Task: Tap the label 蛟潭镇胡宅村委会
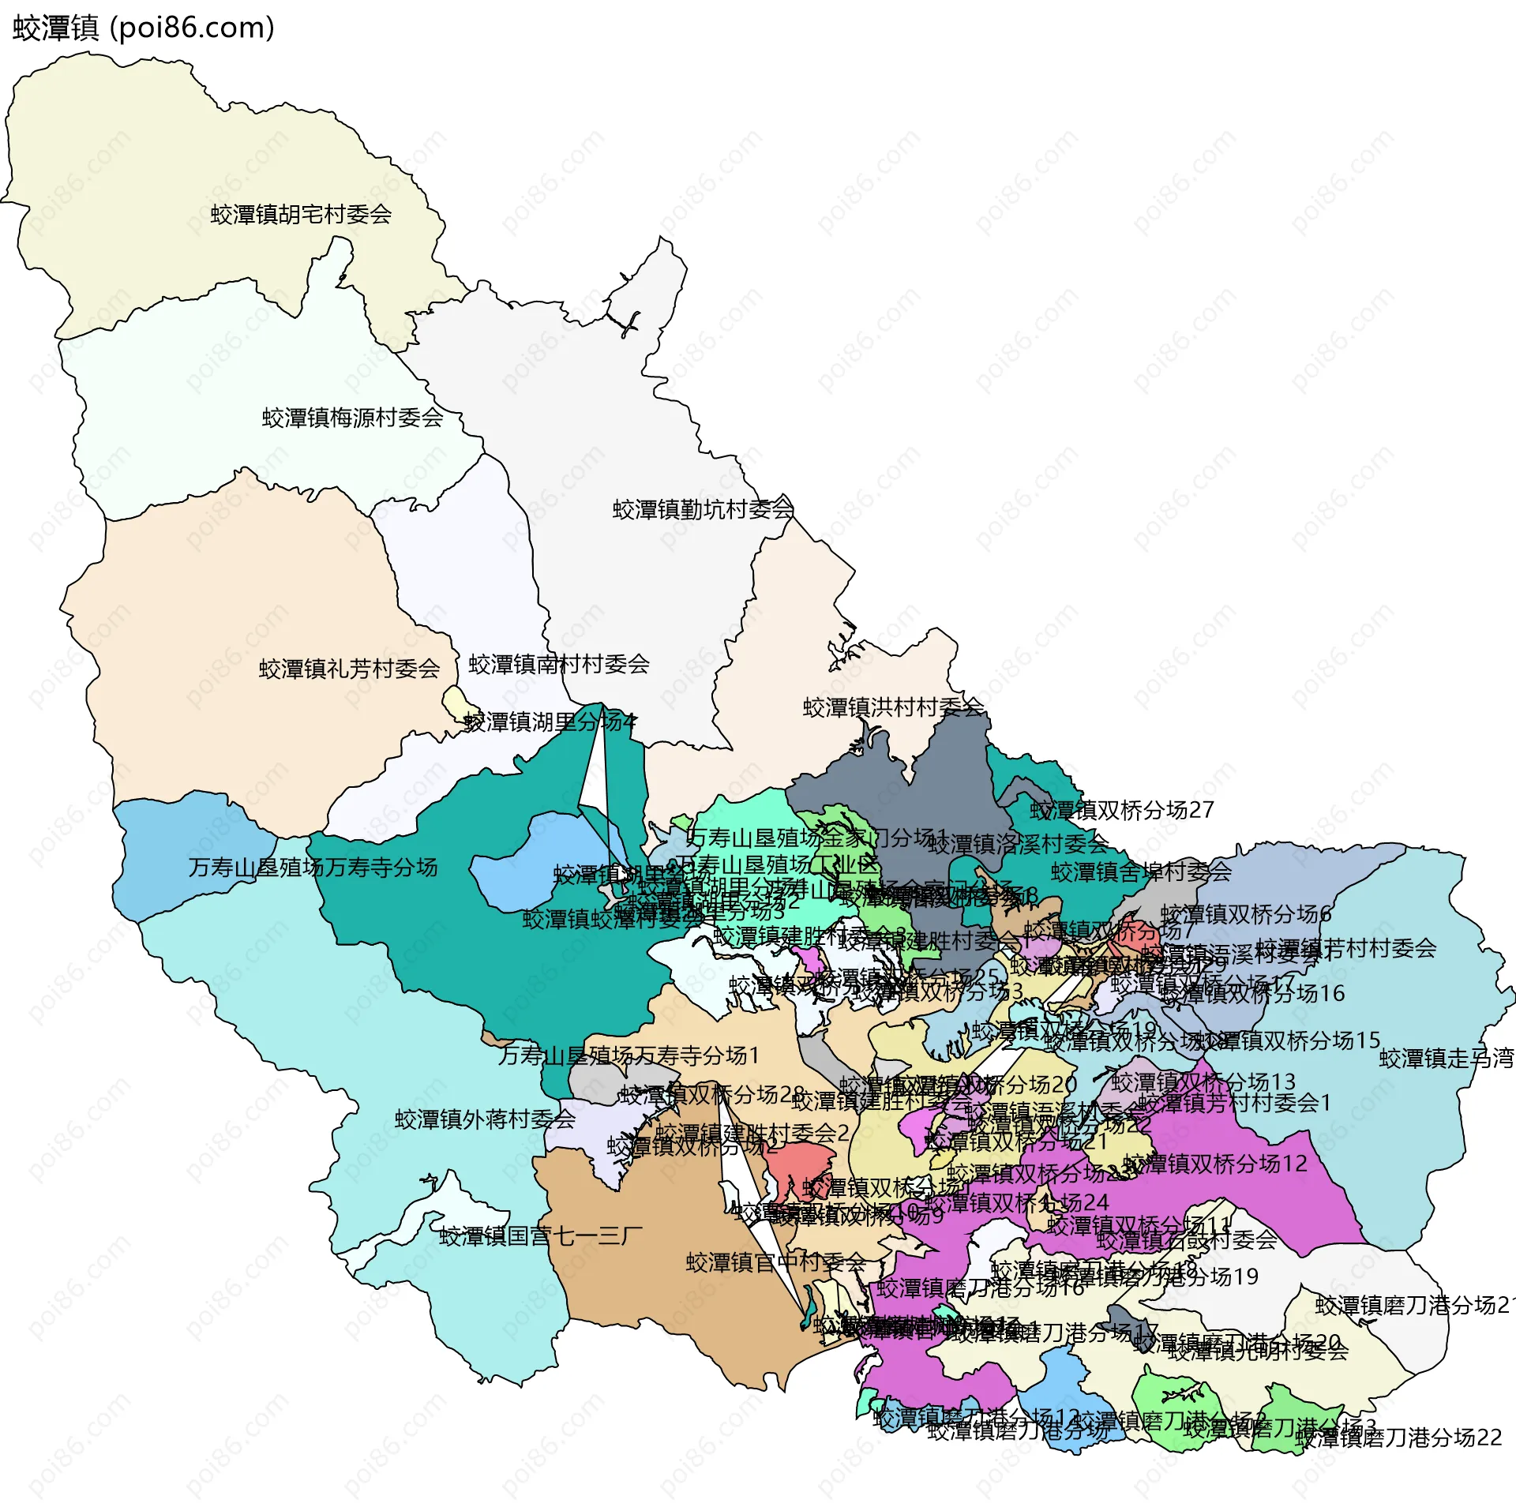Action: click(x=301, y=215)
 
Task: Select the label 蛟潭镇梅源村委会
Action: click(x=352, y=418)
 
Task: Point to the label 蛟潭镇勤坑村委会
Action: click(x=703, y=509)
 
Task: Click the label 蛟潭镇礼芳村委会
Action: click(x=349, y=669)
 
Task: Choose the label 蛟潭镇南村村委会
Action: click(x=558, y=664)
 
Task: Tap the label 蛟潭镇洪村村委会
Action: click(x=893, y=707)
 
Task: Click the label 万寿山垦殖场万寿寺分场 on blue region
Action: click(x=313, y=868)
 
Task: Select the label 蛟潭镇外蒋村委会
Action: click(x=485, y=1119)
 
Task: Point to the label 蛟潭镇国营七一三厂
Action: click(x=541, y=1235)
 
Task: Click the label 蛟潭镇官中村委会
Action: click(x=775, y=1262)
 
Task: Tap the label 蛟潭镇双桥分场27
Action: click(x=1121, y=810)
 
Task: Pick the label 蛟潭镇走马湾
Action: click(x=1446, y=1059)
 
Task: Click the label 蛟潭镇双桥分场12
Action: click(x=1215, y=1164)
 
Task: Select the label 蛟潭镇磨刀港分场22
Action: click(x=1398, y=1437)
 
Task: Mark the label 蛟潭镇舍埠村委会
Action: click(x=1141, y=872)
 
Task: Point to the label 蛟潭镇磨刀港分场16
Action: click(x=980, y=1288)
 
